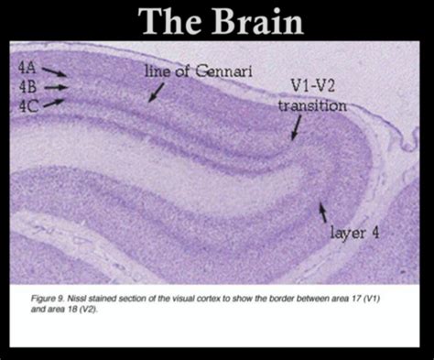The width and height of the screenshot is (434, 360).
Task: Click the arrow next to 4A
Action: (53, 71)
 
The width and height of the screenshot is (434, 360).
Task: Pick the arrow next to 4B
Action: (56, 87)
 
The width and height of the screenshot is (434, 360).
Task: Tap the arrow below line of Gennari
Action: (157, 91)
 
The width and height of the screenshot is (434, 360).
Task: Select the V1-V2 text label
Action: (309, 88)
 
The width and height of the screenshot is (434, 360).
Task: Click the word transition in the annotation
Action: (312, 106)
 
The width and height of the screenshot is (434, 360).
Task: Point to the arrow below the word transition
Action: (298, 130)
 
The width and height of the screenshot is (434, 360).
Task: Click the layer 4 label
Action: (353, 234)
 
